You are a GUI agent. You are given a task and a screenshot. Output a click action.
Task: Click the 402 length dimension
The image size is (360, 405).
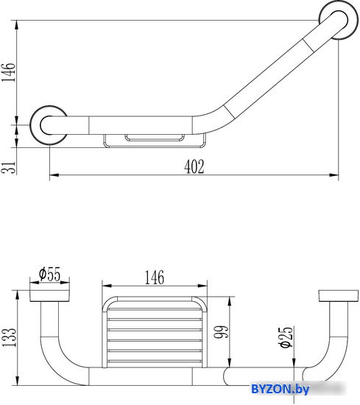[x=194, y=166]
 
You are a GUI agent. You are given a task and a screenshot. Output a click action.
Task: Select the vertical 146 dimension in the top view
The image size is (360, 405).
[x=8, y=72]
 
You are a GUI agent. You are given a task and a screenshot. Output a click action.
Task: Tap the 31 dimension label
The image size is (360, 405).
[x=8, y=167]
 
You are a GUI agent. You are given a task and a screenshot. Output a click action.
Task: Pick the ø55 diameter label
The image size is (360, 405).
[x=49, y=274]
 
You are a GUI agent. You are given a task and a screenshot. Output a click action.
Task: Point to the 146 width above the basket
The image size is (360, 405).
[x=154, y=278]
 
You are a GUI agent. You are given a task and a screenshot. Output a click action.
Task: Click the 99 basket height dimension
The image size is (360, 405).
[x=222, y=331]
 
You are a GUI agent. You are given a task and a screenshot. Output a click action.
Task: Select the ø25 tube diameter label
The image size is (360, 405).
[x=286, y=337]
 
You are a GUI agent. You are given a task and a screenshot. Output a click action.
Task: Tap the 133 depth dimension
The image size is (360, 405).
[x=9, y=338]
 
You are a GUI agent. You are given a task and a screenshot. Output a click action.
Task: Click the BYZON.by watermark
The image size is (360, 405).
[x=280, y=389]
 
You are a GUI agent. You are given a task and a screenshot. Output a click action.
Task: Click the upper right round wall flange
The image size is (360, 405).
[x=336, y=20]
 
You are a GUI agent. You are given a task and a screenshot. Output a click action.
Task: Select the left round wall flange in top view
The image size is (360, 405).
[x=49, y=125]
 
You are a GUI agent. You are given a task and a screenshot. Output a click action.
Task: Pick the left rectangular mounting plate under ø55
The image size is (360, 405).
[x=49, y=296]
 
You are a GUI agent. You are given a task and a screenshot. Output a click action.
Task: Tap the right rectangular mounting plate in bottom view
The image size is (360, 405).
[x=339, y=296]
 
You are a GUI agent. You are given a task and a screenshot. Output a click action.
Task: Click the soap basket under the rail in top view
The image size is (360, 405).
[x=155, y=141]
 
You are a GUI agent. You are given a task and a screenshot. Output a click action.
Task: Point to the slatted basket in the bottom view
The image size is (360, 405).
[x=155, y=332]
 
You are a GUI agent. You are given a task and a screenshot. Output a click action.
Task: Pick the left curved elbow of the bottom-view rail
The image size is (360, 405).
[x=61, y=362]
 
